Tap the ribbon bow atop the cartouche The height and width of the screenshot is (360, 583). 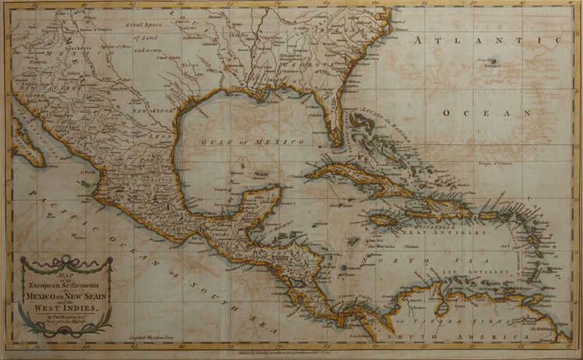point(66,259)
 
